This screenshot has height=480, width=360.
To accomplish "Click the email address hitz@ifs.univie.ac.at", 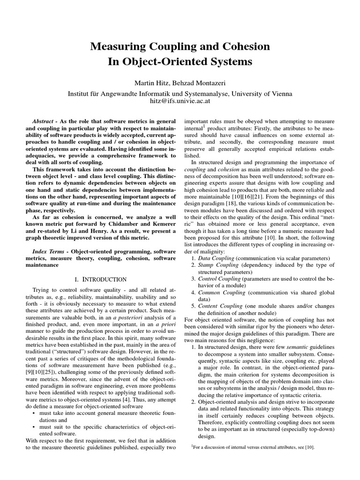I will pyautogui.click(x=180, y=100).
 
